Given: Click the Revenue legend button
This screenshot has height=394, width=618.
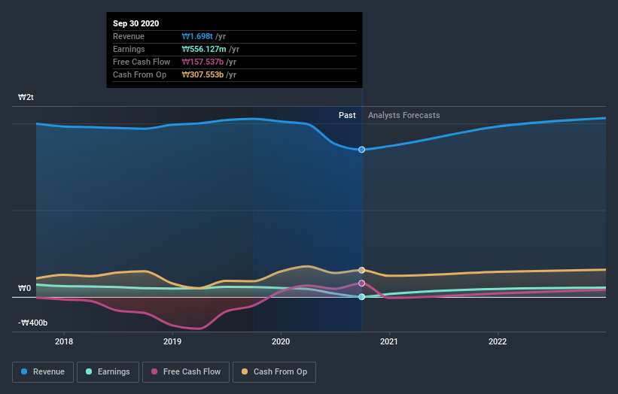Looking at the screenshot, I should click(44, 371).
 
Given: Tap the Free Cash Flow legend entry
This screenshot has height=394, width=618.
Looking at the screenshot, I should click(185, 371).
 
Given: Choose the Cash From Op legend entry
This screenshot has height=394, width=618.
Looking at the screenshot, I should click(275, 371).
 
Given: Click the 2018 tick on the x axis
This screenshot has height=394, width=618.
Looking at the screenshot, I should click(64, 341).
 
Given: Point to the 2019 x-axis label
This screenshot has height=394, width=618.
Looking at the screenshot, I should click(172, 341).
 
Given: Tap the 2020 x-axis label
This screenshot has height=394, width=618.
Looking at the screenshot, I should click(281, 341).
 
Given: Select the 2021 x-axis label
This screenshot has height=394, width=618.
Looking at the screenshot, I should click(389, 341).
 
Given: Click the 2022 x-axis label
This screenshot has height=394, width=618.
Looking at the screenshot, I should click(498, 341).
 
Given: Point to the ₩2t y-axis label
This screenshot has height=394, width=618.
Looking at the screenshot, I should click(26, 98).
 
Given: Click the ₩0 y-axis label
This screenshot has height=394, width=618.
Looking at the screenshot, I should click(25, 288).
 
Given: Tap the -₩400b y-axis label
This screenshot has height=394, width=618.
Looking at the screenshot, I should click(33, 323).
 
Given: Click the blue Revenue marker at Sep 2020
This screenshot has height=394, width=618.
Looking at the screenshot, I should click(362, 150).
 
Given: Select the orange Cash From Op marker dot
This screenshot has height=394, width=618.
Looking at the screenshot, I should click(362, 270).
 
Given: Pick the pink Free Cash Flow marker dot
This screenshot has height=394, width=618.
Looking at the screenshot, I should click(362, 283).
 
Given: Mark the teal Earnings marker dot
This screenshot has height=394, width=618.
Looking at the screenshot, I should click(362, 297).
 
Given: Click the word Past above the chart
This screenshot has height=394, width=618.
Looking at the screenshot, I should click(347, 115).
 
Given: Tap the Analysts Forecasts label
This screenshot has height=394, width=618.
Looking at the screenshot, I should click(404, 115).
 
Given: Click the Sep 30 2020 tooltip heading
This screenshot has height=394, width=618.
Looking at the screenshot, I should click(136, 24).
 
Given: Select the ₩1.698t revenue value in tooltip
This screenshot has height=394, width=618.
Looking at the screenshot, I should click(198, 36).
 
